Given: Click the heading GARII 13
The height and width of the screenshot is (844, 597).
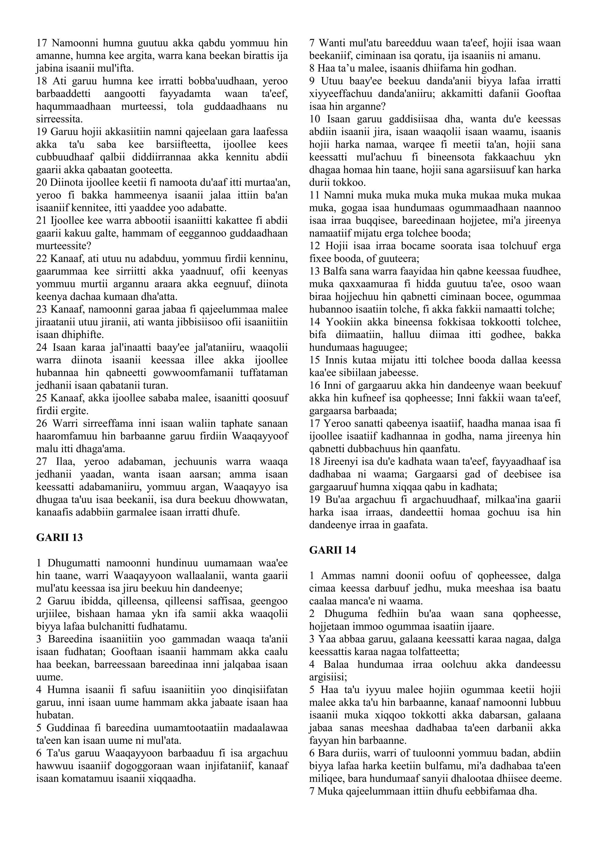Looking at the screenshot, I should (x=59, y=538).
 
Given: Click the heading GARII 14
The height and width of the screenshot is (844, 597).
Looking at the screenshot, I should (x=332, y=550).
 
